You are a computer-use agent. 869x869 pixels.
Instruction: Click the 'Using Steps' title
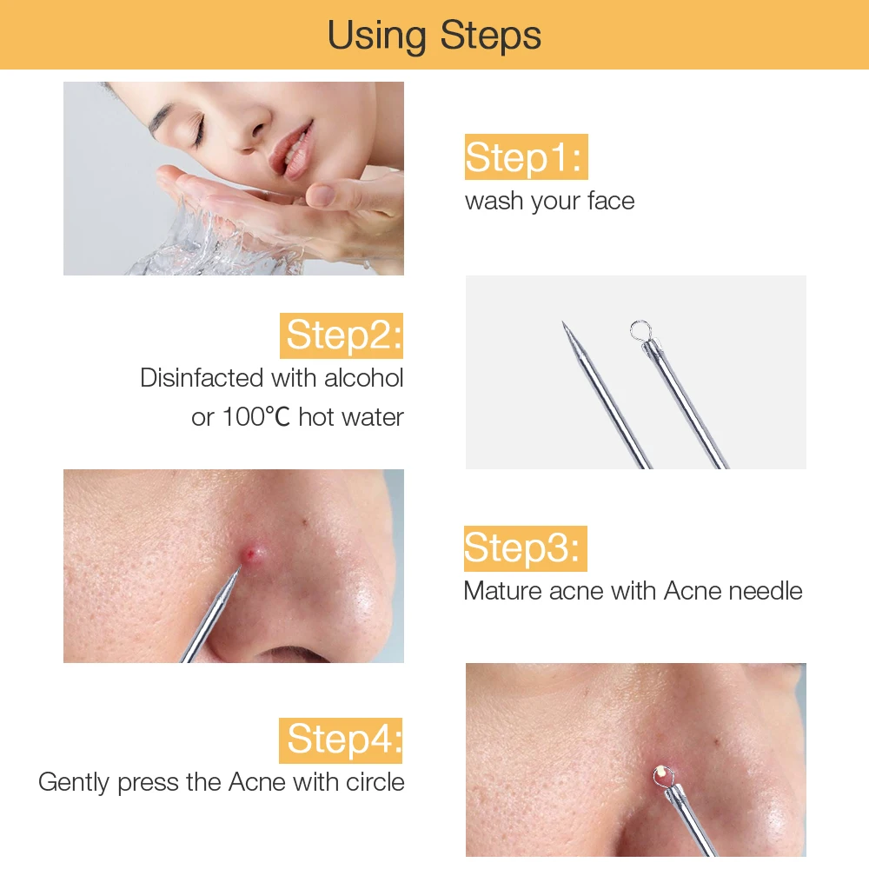[x=434, y=36]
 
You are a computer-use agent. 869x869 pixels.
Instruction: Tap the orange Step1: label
[x=526, y=156]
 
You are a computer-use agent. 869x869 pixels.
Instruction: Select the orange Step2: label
[x=342, y=335]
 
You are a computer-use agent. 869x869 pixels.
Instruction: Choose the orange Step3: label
[x=526, y=548]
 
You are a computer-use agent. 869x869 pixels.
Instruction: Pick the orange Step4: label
[x=341, y=740]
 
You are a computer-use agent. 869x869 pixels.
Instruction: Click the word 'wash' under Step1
[x=494, y=201]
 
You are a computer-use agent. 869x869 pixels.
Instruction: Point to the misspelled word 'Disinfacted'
[x=202, y=378]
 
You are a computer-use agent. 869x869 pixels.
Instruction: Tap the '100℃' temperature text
[x=256, y=417]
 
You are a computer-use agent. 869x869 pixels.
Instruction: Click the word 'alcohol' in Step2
[x=363, y=378]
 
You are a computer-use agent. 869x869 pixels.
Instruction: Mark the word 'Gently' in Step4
[x=74, y=783]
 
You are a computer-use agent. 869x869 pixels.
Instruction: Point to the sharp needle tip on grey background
[x=564, y=323]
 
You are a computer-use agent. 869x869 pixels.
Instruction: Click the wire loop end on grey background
[x=640, y=331]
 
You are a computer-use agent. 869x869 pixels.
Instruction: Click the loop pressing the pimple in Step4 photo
[x=663, y=775]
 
